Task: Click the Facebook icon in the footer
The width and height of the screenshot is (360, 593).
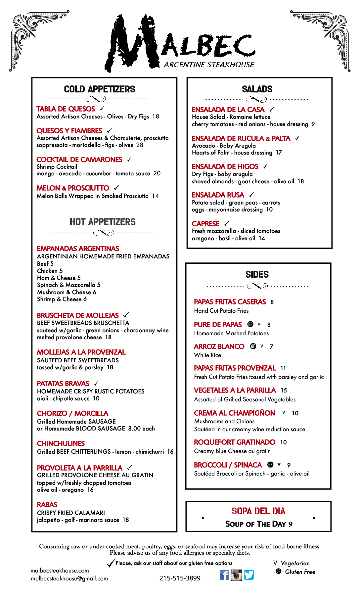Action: tap(224, 575)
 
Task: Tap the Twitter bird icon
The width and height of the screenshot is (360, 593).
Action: tap(249, 575)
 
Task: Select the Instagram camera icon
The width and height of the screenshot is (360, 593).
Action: tap(236, 575)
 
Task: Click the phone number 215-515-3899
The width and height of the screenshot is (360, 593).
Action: tap(180, 578)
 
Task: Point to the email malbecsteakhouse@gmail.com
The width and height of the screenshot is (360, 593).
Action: tap(69, 578)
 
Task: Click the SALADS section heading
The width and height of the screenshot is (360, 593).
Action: tap(257, 89)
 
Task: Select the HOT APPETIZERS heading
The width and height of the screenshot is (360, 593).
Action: tap(103, 222)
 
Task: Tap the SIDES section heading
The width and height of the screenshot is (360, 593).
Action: tap(257, 274)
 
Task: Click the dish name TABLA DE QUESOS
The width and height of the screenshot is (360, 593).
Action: tap(66, 109)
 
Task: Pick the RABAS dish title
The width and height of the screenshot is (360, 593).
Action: tap(47, 505)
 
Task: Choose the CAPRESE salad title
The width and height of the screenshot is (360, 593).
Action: tap(205, 224)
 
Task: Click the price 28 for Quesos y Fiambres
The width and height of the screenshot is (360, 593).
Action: tap(140, 145)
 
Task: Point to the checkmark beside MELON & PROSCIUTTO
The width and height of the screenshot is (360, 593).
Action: tap(116, 188)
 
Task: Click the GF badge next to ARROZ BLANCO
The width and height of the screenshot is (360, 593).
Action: tap(253, 346)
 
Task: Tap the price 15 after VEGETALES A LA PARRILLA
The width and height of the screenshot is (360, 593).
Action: tap(284, 390)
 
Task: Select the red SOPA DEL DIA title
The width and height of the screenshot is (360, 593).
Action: tap(258, 511)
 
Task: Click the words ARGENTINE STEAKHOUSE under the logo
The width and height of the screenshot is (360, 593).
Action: tap(209, 65)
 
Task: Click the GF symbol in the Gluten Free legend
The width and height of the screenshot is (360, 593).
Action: tap(279, 571)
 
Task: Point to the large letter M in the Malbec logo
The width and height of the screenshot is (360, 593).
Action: tap(132, 43)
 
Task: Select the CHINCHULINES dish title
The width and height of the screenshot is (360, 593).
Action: tap(61, 443)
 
